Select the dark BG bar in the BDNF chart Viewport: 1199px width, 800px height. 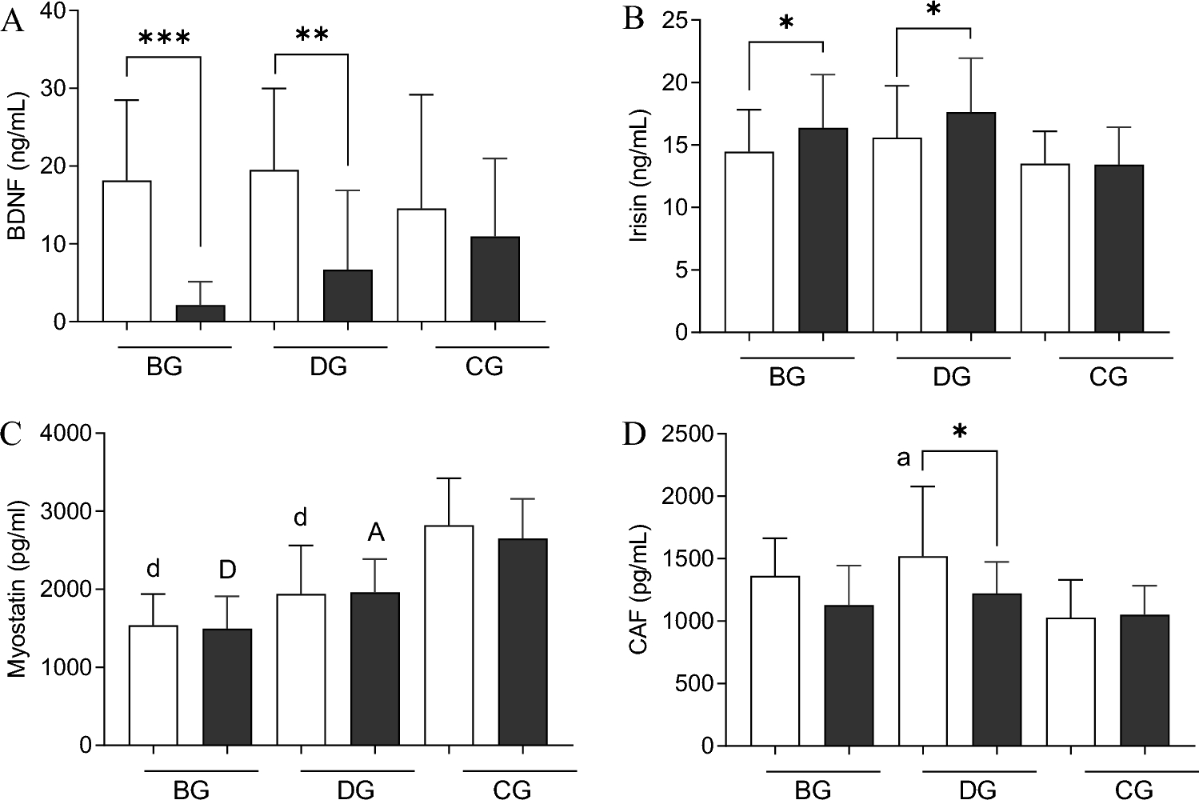coord(200,314)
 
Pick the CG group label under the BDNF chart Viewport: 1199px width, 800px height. coord(483,366)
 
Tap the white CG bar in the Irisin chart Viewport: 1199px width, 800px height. coord(1045,248)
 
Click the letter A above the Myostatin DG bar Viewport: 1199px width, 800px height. coord(375,533)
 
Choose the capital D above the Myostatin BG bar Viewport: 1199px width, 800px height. coord(227,570)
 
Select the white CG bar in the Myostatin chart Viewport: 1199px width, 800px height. coord(449,635)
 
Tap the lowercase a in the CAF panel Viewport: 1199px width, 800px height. coord(903,458)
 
